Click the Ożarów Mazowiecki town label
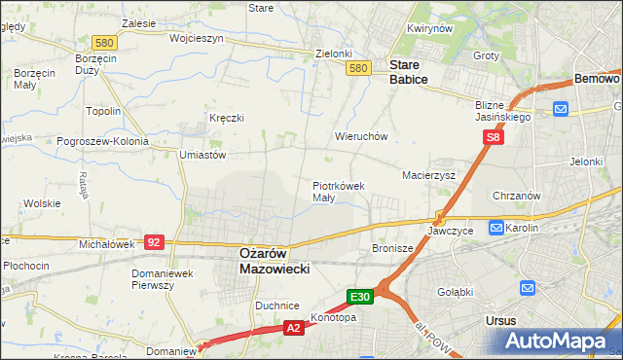(275, 260)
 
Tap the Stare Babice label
(408, 72)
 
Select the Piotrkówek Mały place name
(338, 191)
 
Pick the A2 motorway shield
(294, 329)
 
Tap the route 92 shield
(153, 240)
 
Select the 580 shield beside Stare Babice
(358, 68)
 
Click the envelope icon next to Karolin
(496, 228)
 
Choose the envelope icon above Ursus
(529, 288)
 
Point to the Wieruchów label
(361, 137)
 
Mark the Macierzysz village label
(429, 175)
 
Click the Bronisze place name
(393, 249)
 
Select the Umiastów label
(202, 154)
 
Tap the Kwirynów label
(431, 29)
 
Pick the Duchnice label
(276, 305)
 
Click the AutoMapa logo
(560, 342)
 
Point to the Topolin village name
(103, 111)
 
